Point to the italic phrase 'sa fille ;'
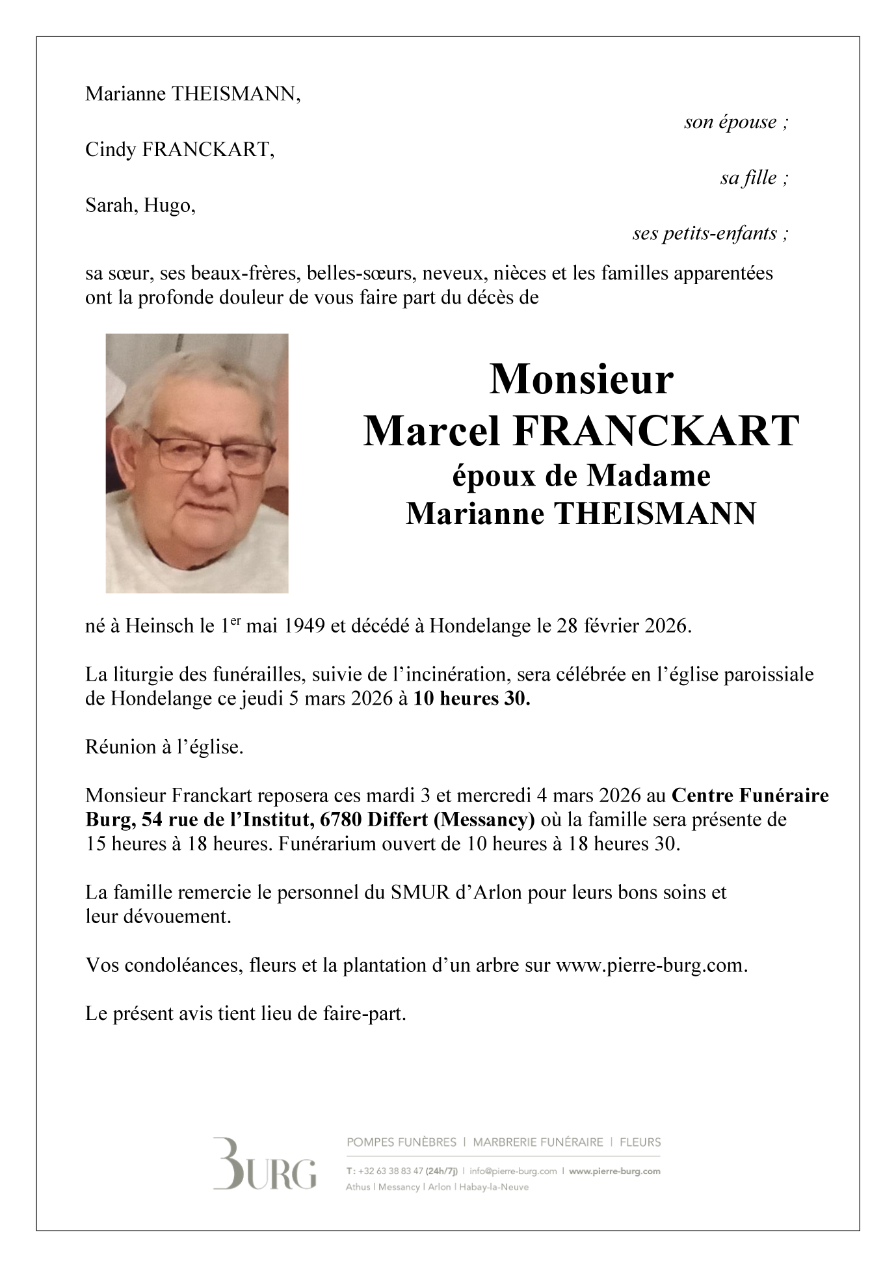coord(754,178)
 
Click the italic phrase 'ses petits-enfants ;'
coord(711,233)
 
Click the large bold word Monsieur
coord(581,379)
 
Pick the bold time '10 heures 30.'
coord(472,699)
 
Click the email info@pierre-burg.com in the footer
coord(514,1171)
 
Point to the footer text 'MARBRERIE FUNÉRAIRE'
coord(538,1142)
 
